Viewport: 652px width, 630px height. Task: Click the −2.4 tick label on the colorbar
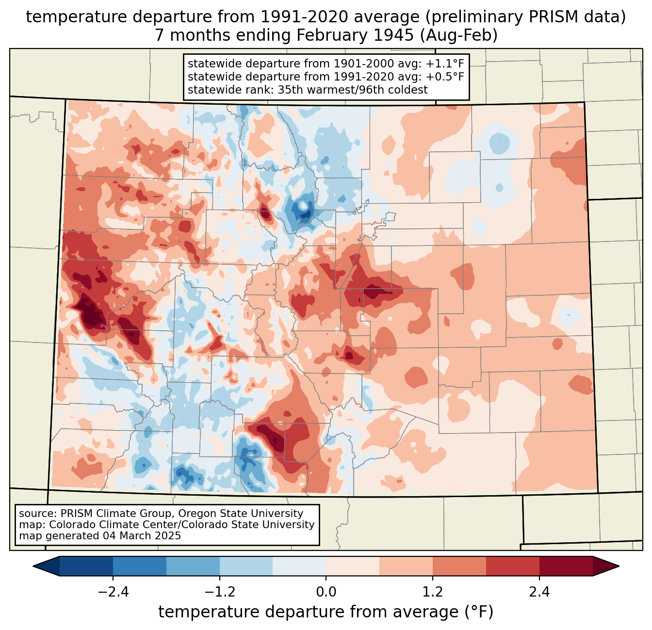(113, 592)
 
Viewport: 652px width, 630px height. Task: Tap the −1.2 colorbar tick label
(219, 592)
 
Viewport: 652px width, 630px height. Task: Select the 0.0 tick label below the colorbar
(326, 592)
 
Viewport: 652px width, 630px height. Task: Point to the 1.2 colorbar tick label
(433, 592)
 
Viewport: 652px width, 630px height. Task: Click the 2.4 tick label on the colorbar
(539, 592)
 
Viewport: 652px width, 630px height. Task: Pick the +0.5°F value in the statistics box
(445, 77)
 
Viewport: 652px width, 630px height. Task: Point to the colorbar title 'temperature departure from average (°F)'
(326, 612)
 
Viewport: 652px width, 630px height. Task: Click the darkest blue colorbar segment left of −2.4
(86, 566)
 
